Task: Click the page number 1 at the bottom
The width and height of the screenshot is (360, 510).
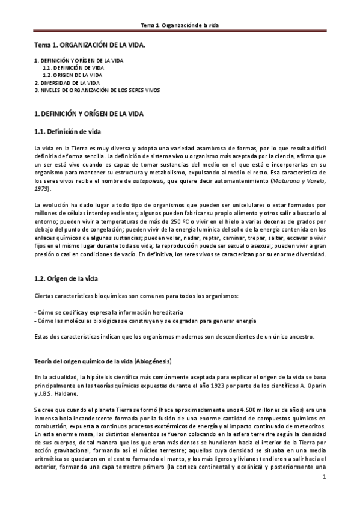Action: pyautogui.click(x=323, y=478)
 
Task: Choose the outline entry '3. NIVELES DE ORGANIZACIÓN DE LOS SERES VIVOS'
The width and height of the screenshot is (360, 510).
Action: pyautogui.click(x=97, y=90)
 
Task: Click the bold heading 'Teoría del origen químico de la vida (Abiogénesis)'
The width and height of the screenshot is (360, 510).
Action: pyautogui.click(x=111, y=361)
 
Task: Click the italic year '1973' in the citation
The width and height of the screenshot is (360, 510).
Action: pyautogui.click(x=41, y=188)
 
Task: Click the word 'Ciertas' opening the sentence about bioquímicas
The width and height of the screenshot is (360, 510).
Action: pyautogui.click(x=44, y=297)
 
